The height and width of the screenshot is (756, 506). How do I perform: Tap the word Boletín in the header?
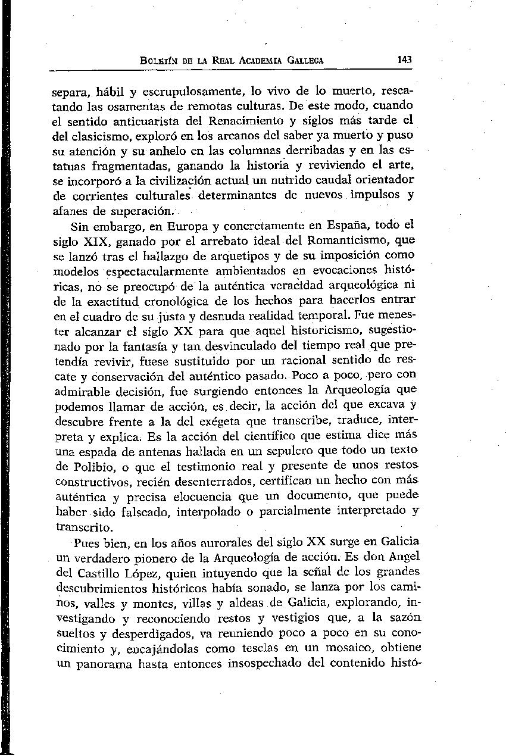156,61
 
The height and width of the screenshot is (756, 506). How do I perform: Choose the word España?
345,226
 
